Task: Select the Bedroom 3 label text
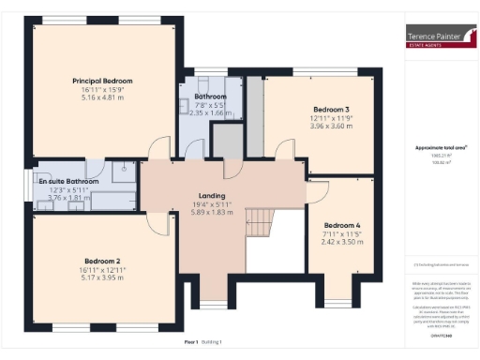point(331,110)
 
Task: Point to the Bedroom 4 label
point(341,225)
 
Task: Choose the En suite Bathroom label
point(68,181)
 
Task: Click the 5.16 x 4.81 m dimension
point(103,97)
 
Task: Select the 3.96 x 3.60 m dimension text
point(331,127)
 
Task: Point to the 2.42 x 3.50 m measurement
point(341,242)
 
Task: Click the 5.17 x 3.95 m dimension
point(103,277)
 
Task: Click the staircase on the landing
point(258,222)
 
